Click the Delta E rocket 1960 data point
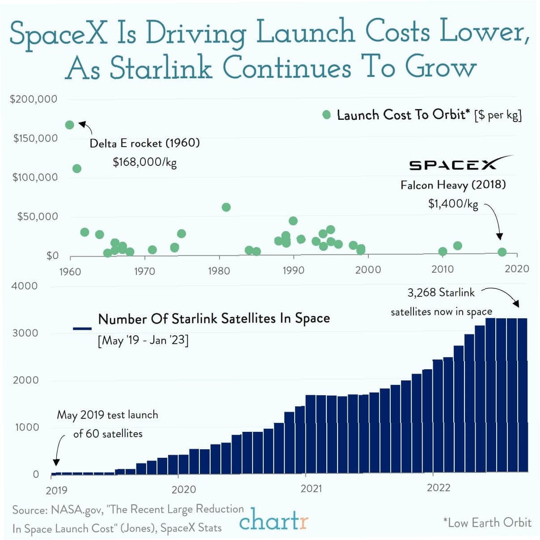69,125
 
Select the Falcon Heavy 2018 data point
502,252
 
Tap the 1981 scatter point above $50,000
226,207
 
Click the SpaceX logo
460,163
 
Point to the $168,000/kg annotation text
144,162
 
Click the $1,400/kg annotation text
453,204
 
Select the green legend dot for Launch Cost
327,115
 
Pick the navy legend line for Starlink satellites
82,329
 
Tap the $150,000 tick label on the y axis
35,138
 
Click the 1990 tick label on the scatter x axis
293,270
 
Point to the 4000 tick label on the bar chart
25,286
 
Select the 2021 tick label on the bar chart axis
311,488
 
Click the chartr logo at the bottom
274,520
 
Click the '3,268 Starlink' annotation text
441,292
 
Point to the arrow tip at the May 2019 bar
56,465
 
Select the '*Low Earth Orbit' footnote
487,523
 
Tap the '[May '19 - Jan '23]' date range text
143,340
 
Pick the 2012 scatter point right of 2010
457,245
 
